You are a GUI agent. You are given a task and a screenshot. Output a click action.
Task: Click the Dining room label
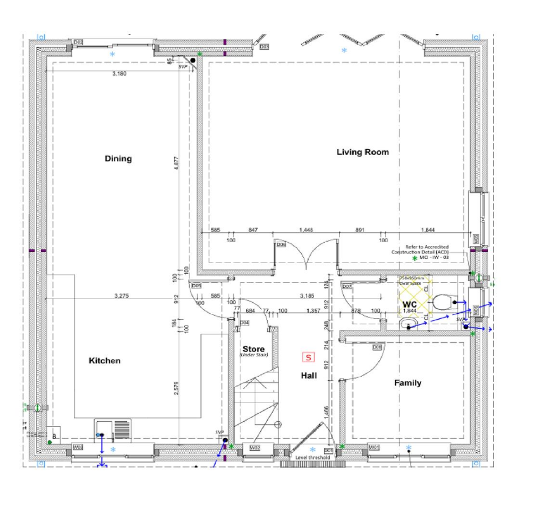(118, 159)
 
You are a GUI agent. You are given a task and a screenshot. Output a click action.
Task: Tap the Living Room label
(363, 152)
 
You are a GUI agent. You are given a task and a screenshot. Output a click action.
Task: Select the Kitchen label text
(104, 361)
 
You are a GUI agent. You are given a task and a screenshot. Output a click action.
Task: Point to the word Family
(407, 383)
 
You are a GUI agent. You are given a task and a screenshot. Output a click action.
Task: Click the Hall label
(309, 376)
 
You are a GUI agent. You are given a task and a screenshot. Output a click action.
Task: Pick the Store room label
(253, 349)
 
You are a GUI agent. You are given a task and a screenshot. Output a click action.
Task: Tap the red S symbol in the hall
(307, 357)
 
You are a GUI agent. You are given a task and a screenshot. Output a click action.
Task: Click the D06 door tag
(281, 245)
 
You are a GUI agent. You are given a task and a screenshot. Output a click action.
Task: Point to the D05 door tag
(195, 285)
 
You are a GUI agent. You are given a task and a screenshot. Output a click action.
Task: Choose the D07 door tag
(346, 287)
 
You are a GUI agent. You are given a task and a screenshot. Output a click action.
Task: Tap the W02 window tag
(255, 448)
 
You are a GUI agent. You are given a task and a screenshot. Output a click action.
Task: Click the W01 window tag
(375, 447)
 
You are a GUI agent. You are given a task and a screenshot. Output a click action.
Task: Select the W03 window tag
(78, 447)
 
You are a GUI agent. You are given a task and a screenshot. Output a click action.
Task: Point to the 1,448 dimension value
(306, 230)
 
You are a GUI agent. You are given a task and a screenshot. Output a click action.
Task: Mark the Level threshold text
(312, 457)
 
